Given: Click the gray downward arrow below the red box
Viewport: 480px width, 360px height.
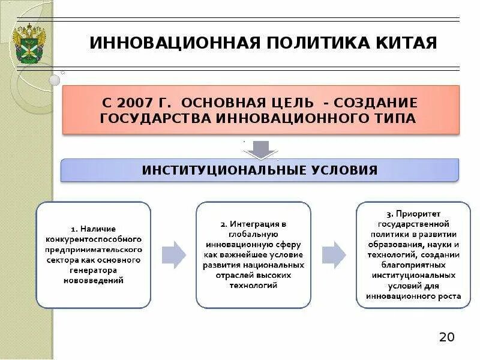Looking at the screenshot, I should tap(260, 149).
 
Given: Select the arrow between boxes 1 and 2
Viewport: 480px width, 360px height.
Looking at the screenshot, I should tap(173, 254).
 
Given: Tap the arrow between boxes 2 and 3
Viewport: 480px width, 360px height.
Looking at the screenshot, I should tap(334, 254).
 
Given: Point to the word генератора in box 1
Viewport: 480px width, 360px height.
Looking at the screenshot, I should tap(93, 270).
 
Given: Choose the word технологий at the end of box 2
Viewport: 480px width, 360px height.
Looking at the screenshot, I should tap(254, 286).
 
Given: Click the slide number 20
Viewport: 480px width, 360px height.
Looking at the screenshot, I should tap(446, 337).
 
